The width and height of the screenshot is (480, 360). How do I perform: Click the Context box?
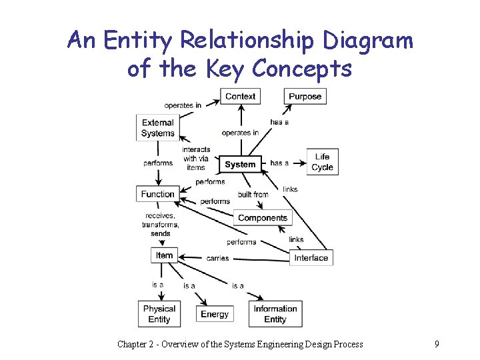coord(240,97)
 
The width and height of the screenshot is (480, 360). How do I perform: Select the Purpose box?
coord(305,97)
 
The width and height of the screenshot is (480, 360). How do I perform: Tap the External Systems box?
coord(157,128)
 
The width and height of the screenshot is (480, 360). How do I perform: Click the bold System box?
coord(240,164)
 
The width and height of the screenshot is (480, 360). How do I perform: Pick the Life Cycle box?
coord(322,162)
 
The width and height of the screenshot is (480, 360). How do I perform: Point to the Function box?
coord(157,194)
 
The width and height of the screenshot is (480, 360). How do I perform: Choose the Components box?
coord(262,218)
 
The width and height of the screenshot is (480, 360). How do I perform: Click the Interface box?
coord(311,258)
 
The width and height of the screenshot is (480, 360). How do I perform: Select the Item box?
coord(164,255)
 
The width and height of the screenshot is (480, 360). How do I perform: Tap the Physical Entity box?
coord(159,314)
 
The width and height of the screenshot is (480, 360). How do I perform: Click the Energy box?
coord(214,314)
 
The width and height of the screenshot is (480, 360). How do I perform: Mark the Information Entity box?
coord(275,314)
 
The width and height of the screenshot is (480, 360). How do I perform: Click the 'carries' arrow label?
coord(217,258)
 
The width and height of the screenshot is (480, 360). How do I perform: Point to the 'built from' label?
coord(253,195)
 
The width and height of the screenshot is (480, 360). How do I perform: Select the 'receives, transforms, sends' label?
coord(160,225)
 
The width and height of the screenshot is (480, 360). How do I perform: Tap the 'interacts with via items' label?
coord(196,159)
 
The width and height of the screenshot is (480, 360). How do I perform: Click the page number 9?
coord(436,344)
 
